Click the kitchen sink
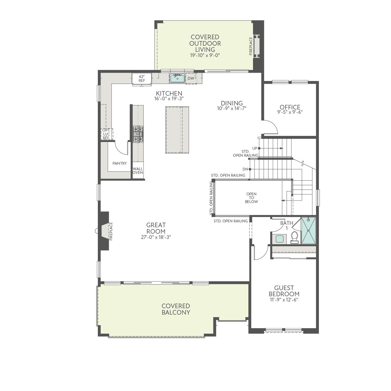(177, 78)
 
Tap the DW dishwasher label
(190, 78)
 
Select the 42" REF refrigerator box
(142, 79)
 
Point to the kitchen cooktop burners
(138, 134)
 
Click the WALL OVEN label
(138, 171)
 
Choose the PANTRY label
(120, 163)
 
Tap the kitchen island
(177, 130)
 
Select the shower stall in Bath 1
(309, 231)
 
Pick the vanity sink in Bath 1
(280, 239)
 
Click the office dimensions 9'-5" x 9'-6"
(290, 112)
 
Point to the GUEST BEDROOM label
(284, 291)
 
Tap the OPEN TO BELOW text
(251, 198)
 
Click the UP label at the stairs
(255, 148)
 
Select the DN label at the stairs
(245, 169)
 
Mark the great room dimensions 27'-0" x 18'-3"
(156, 237)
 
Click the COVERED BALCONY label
(176, 309)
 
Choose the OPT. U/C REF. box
(106, 134)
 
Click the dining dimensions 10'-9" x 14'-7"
(232, 108)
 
